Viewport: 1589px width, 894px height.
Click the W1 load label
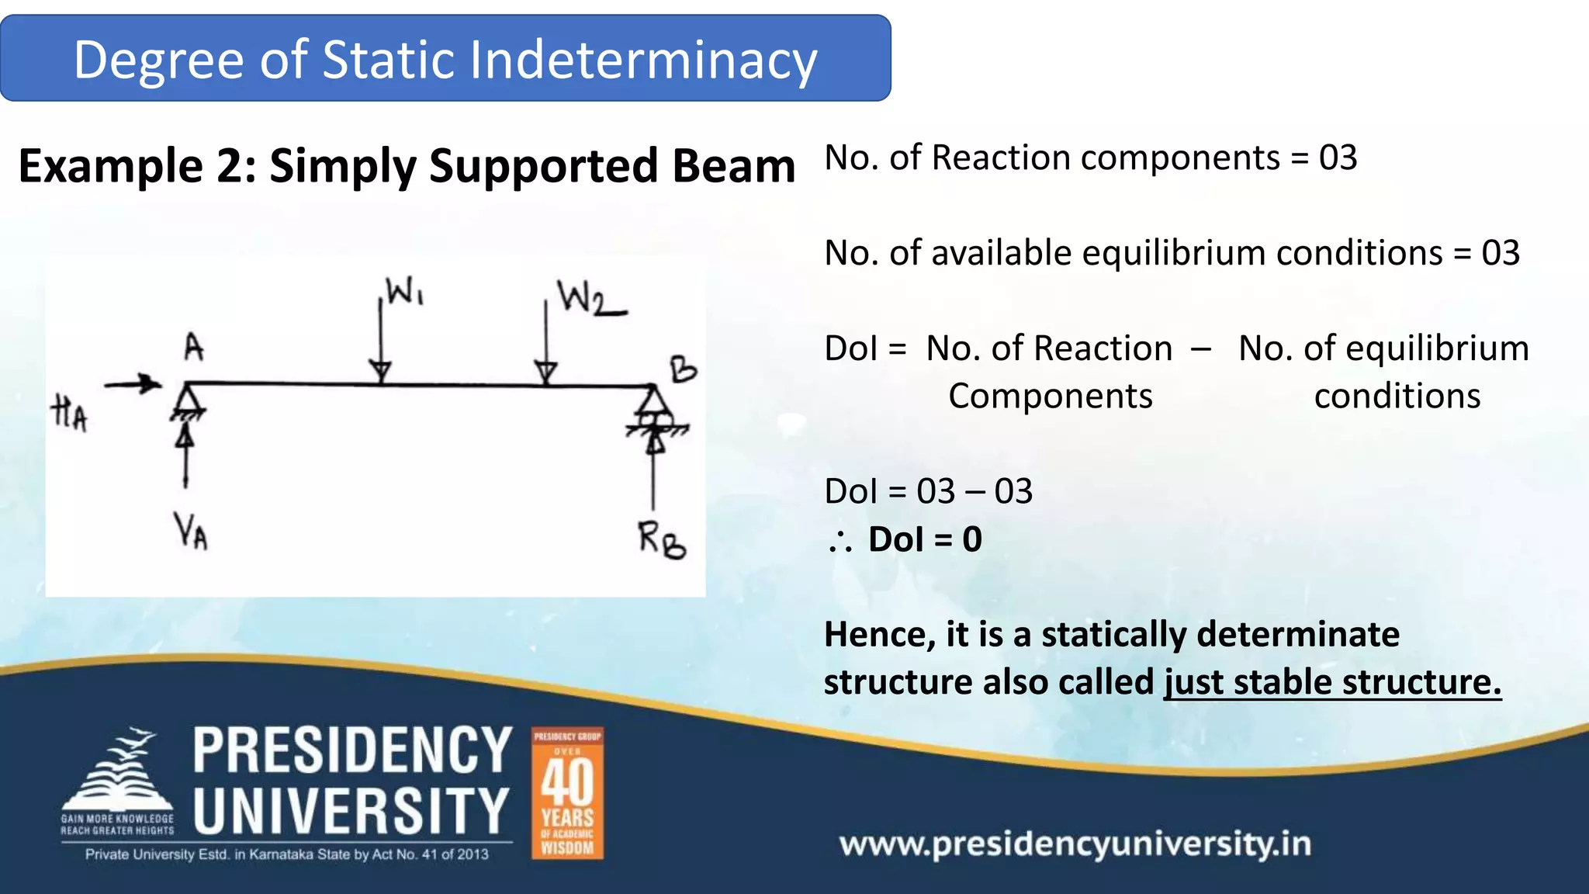[x=405, y=293]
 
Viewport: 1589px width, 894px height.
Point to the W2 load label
[x=590, y=299]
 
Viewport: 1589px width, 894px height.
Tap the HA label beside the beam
[x=70, y=412]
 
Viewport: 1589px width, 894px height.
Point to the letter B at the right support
[x=684, y=369]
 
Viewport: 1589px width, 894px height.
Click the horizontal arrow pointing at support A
[x=133, y=383]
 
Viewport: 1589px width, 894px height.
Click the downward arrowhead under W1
[x=380, y=372]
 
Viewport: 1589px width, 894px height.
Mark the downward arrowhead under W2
[x=546, y=372]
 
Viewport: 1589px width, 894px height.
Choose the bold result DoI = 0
[x=925, y=539]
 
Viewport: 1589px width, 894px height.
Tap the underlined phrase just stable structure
[x=1332, y=682]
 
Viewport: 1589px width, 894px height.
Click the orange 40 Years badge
[x=567, y=793]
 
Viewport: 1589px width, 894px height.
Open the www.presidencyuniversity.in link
[x=1075, y=844]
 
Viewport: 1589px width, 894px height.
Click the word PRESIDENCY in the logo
[x=352, y=750]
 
